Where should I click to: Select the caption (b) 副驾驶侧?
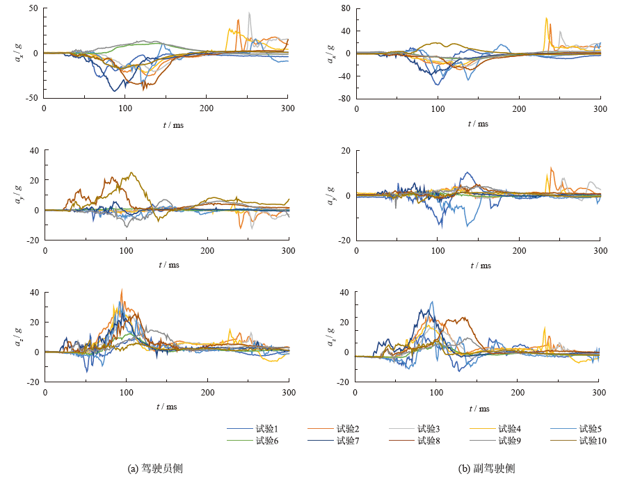tap(487, 468)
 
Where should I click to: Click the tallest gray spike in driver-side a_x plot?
tap(249, 13)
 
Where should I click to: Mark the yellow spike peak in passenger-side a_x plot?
tap(546, 18)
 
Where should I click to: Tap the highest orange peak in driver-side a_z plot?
tap(122, 290)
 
